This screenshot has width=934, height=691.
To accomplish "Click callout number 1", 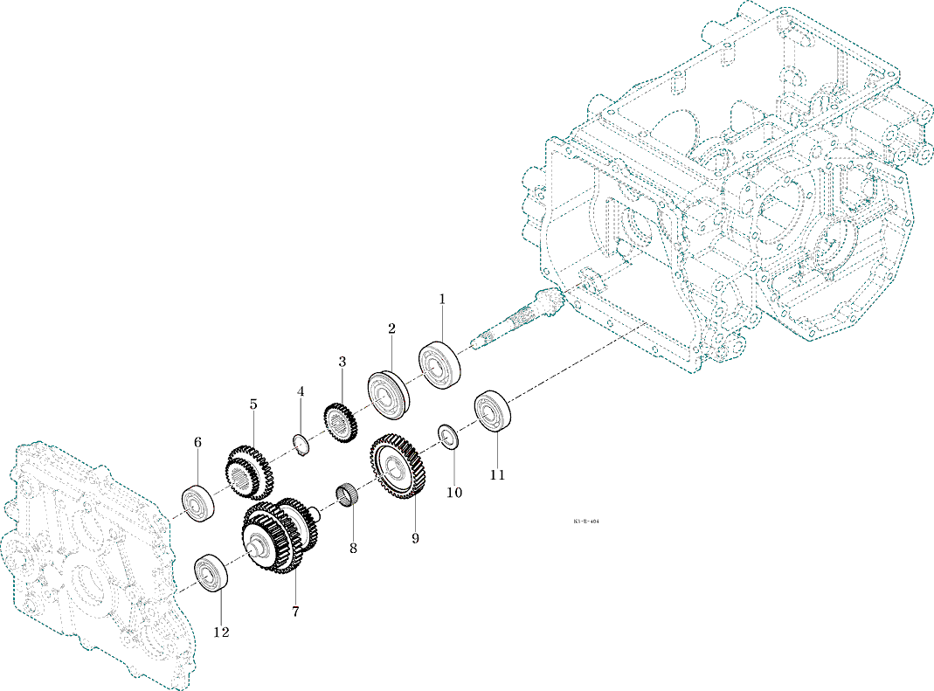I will pyautogui.click(x=442, y=299).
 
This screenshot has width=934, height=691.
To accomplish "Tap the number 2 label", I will pyautogui.click(x=392, y=328).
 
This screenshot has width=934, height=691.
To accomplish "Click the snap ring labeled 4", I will pyautogui.click(x=301, y=444).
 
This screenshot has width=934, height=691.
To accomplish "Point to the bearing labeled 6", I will pyautogui.click(x=198, y=503).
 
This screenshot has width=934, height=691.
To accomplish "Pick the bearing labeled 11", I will pyautogui.click(x=492, y=411).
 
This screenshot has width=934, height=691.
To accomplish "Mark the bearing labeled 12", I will pyautogui.click(x=211, y=573).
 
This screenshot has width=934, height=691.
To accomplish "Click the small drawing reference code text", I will pyautogui.click(x=586, y=522).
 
